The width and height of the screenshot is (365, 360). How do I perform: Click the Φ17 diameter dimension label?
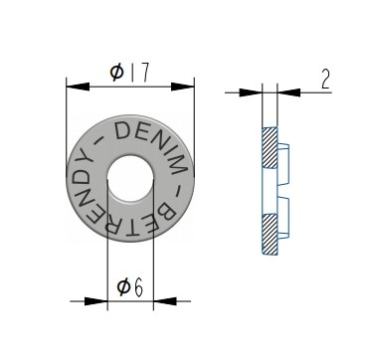coord(130,73)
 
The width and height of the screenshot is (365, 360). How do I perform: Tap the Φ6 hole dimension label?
coord(130,287)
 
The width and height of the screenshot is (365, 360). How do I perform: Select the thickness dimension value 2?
coord(326,80)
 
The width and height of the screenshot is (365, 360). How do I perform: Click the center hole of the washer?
coord(130,178)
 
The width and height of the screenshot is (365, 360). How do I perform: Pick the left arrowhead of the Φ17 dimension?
coord(78,87)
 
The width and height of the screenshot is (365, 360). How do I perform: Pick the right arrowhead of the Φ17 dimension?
coord(183,87)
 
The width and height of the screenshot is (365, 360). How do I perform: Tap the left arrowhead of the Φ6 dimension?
coord(96,301)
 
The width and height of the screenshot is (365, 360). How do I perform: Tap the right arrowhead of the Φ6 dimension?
coord(165,301)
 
